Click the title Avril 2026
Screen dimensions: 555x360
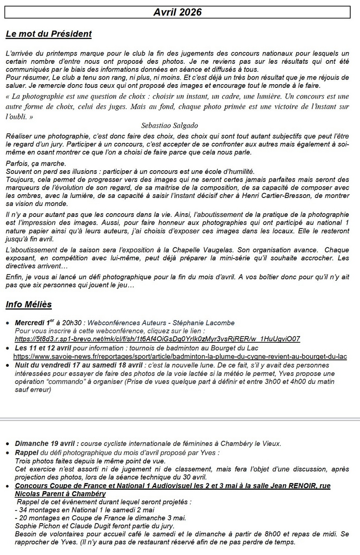(178, 12)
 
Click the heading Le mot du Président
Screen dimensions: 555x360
(49, 34)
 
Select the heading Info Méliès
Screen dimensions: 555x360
(29, 304)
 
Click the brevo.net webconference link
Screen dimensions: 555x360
(157, 339)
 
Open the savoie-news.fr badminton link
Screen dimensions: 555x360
(180, 357)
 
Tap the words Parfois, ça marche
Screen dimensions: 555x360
(36, 164)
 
